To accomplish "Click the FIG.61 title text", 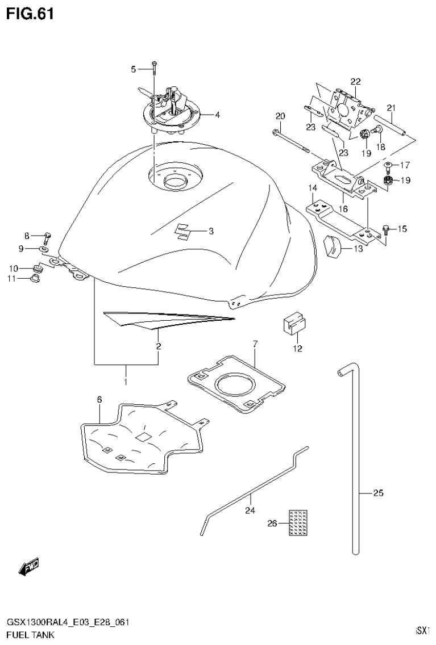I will coord(30,14).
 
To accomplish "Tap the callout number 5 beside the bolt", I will coord(134,69).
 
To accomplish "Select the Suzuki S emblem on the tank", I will coord(182,232).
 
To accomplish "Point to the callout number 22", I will coord(355,82).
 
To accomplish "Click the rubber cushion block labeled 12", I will coord(293,326).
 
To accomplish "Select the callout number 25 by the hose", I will coord(378,493).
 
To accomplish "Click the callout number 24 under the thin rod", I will coord(250,510).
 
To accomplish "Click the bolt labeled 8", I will coord(47,237).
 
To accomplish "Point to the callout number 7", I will coord(255,344).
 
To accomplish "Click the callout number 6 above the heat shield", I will coord(99,400).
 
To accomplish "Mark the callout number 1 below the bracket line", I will coord(126,376).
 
